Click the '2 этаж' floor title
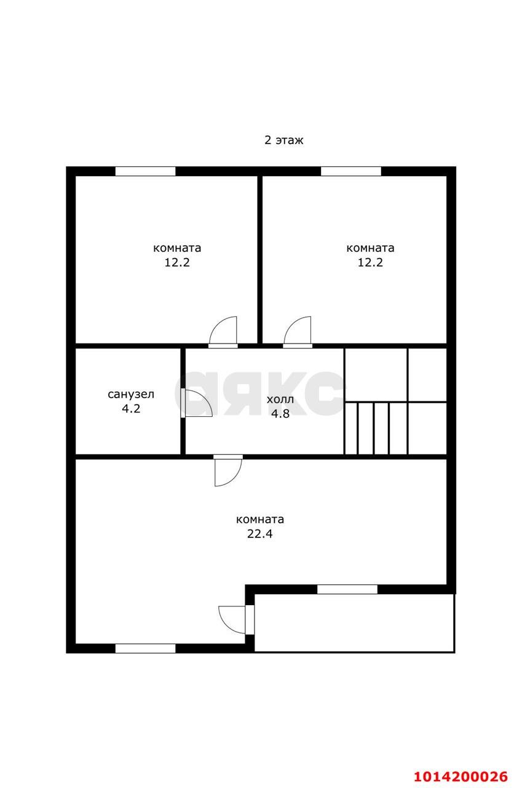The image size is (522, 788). click(283, 140)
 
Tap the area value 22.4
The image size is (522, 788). click(259, 534)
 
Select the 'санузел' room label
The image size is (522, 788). click(131, 395)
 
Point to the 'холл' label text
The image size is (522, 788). click(280, 400)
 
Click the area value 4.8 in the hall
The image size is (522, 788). click(280, 413)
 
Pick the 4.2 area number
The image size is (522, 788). click(131, 408)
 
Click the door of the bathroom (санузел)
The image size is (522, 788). click(196, 403)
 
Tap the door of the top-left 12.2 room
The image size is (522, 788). click(223, 332)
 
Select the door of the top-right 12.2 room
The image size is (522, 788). click(298, 332)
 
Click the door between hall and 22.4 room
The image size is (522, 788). click(228, 471)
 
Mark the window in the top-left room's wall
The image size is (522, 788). click(145, 171)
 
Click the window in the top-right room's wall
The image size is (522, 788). click(350, 171)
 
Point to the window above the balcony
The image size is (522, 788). click(347, 589)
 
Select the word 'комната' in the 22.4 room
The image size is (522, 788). click(260, 519)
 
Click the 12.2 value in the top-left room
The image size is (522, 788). click(177, 262)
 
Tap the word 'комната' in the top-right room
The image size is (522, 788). click(370, 248)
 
